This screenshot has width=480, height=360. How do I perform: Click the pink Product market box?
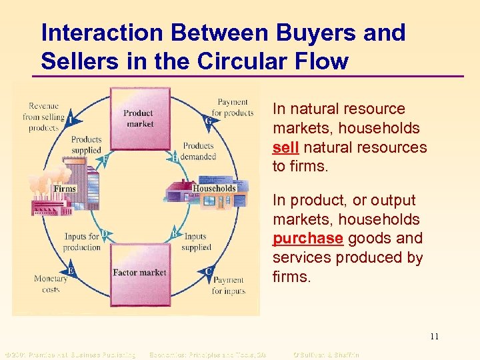tap(138, 118)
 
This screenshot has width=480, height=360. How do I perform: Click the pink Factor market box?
tap(139, 272)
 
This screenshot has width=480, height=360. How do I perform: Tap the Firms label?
tap(65, 189)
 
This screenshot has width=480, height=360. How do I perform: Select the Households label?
tap(214, 189)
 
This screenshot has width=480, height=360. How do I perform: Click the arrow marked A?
tap(70, 120)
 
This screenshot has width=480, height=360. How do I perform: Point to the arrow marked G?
tap(209, 121)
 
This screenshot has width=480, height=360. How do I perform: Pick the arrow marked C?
tap(209, 271)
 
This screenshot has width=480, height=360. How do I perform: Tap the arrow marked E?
tap(71, 271)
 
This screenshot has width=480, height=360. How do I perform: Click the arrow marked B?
tap(174, 233)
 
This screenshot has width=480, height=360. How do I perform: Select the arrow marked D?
tap(104, 234)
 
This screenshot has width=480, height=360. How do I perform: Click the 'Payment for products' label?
tap(233, 107)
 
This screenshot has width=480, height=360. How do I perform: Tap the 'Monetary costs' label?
tap(51, 284)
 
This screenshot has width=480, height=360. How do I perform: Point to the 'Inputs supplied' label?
tap(195, 241)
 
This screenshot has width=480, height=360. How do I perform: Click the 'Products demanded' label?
tap(199, 151)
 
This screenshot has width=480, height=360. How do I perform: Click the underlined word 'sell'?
tap(285, 147)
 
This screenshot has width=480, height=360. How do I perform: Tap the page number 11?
tap(434, 336)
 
